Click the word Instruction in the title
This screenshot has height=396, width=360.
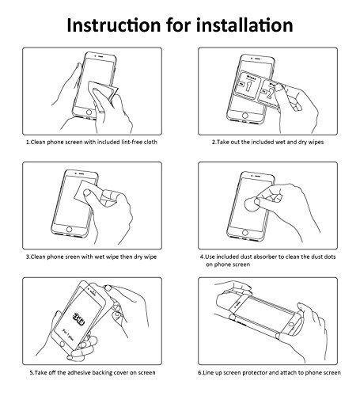114,25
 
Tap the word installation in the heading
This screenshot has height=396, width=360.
244,25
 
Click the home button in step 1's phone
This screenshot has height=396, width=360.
89,112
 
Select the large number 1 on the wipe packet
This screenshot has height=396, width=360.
248,86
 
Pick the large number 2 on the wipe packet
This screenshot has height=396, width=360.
269,93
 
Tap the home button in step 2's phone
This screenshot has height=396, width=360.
245,116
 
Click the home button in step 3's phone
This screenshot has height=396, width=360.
69,229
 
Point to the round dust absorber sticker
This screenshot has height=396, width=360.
252,204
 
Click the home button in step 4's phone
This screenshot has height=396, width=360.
245,233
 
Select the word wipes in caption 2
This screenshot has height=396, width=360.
316,143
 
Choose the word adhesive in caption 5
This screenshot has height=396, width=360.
79,373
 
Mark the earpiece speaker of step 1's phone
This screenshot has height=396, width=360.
100,56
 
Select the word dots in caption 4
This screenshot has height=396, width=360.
330,257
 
